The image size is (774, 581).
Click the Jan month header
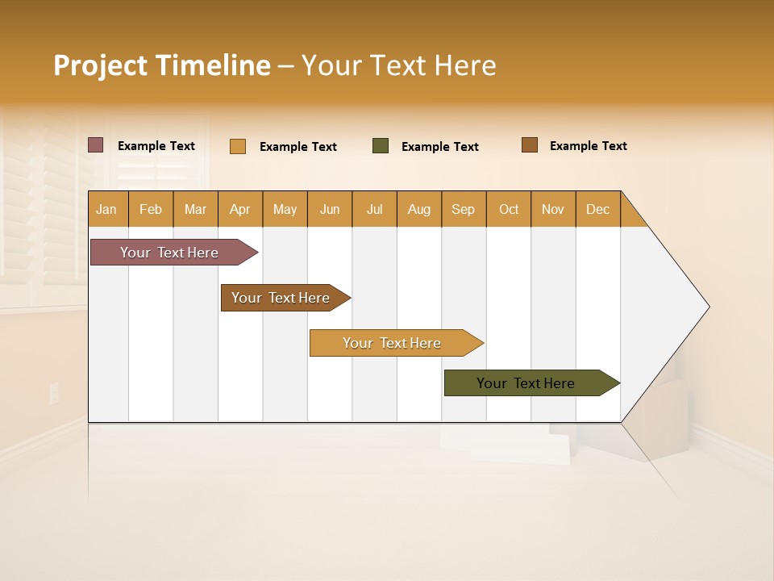106,209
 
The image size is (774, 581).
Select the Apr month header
239,209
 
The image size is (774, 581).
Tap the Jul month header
374,209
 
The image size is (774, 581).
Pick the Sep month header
463,209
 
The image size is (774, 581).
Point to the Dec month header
597,209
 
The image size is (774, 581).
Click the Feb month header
151,209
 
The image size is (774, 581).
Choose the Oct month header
509,209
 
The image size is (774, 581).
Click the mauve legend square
96,145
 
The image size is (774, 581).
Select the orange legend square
238,146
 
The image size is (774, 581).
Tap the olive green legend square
381,146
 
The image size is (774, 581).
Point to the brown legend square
529,145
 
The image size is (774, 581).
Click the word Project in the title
98,65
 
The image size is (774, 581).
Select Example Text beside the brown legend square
588,146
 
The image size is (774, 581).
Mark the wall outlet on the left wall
54,393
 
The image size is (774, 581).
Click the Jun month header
330,209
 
